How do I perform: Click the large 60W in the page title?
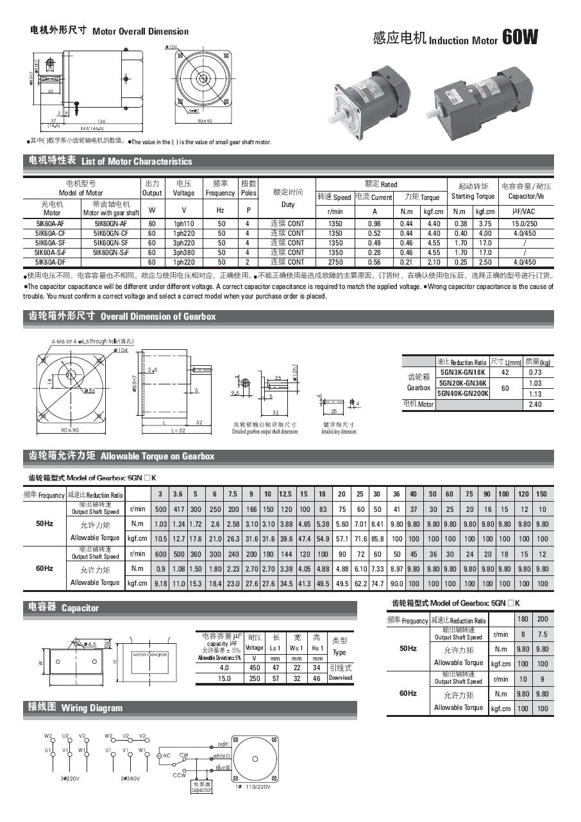click(x=519, y=38)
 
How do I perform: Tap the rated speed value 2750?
click(x=335, y=262)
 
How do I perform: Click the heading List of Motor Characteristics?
click(x=137, y=161)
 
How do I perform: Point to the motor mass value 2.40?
click(x=535, y=404)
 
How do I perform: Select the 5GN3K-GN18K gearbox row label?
click(x=462, y=372)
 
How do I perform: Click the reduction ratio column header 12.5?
click(x=285, y=494)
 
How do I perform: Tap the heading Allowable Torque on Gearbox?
click(x=157, y=456)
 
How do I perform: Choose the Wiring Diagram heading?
click(x=92, y=708)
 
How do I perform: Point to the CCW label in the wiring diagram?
click(x=180, y=775)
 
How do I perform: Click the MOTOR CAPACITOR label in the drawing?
click(x=150, y=655)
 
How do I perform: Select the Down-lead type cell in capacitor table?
click(x=340, y=678)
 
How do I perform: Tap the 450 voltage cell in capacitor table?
click(x=254, y=668)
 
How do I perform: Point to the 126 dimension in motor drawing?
click(x=101, y=120)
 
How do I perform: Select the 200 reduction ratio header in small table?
click(x=543, y=620)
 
